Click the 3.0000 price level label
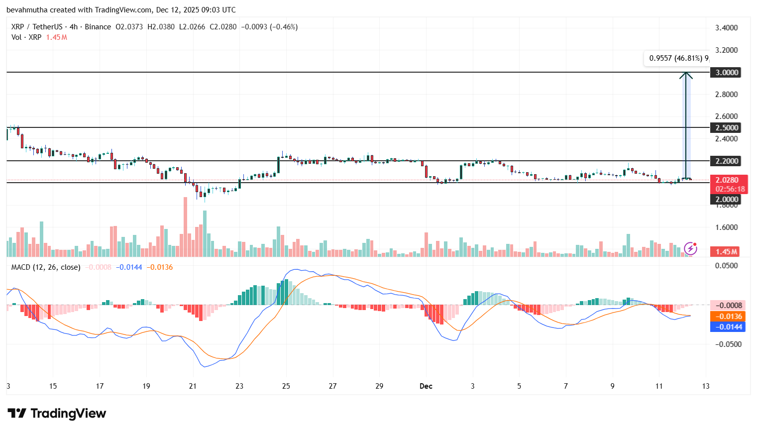coord(726,73)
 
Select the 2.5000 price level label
coord(726,128)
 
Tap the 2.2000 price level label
coord(726,161)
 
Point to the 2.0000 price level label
coord(726,200)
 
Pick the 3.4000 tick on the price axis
coord(726,28)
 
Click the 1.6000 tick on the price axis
coord(726,227)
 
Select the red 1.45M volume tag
coord(726,252)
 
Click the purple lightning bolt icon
coord(690,248)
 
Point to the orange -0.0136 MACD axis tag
coord(728,317)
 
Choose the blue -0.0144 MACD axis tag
coord(728,327)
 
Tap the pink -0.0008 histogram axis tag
coord(728,306)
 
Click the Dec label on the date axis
coord(426,386)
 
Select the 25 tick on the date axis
coord(286,386)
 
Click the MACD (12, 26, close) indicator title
coord(46,267)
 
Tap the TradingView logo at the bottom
coord(57,414)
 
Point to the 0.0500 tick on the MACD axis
coord(726,266)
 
